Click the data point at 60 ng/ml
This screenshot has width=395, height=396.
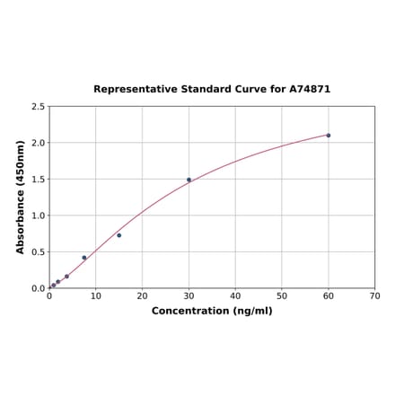[329, 135]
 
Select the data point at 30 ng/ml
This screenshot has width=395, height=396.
[189, 180]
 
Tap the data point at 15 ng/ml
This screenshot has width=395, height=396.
[118, 235]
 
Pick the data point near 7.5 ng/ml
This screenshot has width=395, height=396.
[84, 258]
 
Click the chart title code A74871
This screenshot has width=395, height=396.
[310, 90]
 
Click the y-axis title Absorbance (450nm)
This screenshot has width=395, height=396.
[20, 197]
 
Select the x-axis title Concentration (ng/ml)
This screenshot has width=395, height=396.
[212, 311]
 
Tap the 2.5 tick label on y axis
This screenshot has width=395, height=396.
[39, 107]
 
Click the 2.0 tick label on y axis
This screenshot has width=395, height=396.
[39, 143]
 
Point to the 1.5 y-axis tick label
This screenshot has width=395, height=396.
[39, 180]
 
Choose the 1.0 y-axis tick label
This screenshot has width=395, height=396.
[39, 216]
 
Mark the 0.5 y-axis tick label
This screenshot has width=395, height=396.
[39, 252]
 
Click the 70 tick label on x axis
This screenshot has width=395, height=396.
[375, 295]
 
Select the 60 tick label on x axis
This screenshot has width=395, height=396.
[329, 295]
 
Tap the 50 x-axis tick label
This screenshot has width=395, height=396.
[282, 295]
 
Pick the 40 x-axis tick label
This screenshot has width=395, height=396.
[235, 295]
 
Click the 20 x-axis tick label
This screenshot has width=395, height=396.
[142, 295]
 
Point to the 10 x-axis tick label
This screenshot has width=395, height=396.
[96, 295]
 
